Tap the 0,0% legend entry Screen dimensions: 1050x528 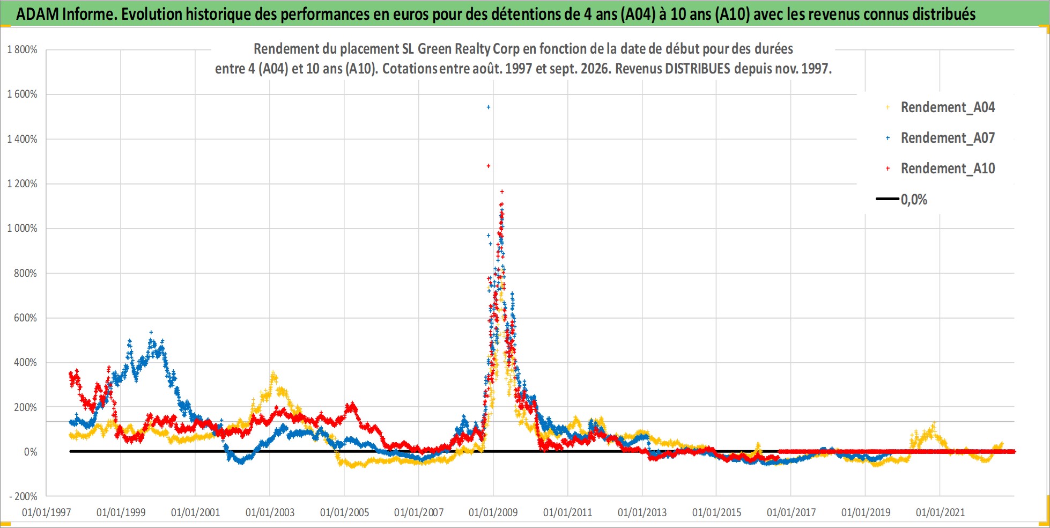(x=902, y=200)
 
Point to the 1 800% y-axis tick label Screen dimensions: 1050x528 (x=22, y=50)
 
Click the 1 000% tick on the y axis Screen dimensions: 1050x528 (x=22, y=229)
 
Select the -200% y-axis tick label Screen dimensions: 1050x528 (x=24, y=497)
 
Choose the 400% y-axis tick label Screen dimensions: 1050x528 (x=26, y=363)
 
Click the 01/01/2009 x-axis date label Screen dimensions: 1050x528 (x=493, y=512)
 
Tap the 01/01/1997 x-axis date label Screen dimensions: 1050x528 (x=46, y=512)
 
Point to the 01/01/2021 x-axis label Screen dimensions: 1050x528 (x=940, y=512)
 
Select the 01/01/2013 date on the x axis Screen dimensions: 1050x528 (x=642, y=512)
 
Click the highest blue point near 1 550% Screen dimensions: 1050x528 (x=488, y=107)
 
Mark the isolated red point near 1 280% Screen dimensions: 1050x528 (x=488, y=166)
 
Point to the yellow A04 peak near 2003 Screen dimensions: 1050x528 (x=273, y=373)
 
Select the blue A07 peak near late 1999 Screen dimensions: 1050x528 (x=151, y=333)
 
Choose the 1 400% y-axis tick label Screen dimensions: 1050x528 (x=22, y=140)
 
